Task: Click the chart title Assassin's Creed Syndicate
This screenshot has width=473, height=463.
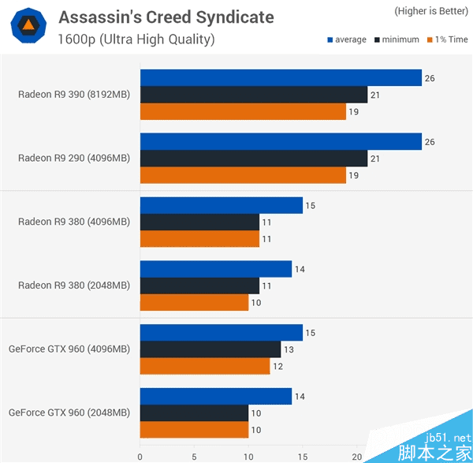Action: click(166, 17)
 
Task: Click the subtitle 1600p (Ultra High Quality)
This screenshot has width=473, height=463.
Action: click(136, 39)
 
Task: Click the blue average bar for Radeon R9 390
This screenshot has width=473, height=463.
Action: click(281, 77)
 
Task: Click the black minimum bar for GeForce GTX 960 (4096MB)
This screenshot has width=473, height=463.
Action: click(210, 349)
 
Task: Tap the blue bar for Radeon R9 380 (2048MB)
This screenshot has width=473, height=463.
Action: click(216, 269)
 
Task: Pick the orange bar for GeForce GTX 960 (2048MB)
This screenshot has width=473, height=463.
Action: click(194, 430)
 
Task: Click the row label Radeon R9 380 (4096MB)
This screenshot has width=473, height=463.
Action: click(74, 222)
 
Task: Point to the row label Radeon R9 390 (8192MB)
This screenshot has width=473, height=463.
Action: click(74, 95)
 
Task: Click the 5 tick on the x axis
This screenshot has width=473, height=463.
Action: click(194, 456)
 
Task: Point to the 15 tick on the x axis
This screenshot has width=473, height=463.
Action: click(303, 456)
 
